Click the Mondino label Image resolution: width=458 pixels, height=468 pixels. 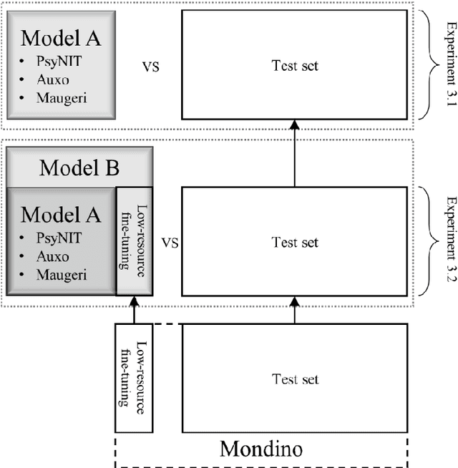(260, 449)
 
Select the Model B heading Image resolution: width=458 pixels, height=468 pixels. (79, 168)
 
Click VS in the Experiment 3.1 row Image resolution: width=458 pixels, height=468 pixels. (150, 66)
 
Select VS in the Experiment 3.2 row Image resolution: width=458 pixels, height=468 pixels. (170, 242)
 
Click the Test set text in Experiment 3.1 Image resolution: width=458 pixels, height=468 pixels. (295, 66)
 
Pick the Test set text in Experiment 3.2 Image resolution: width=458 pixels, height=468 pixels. (295, 242)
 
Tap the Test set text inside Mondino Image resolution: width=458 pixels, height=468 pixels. (295, 379)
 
